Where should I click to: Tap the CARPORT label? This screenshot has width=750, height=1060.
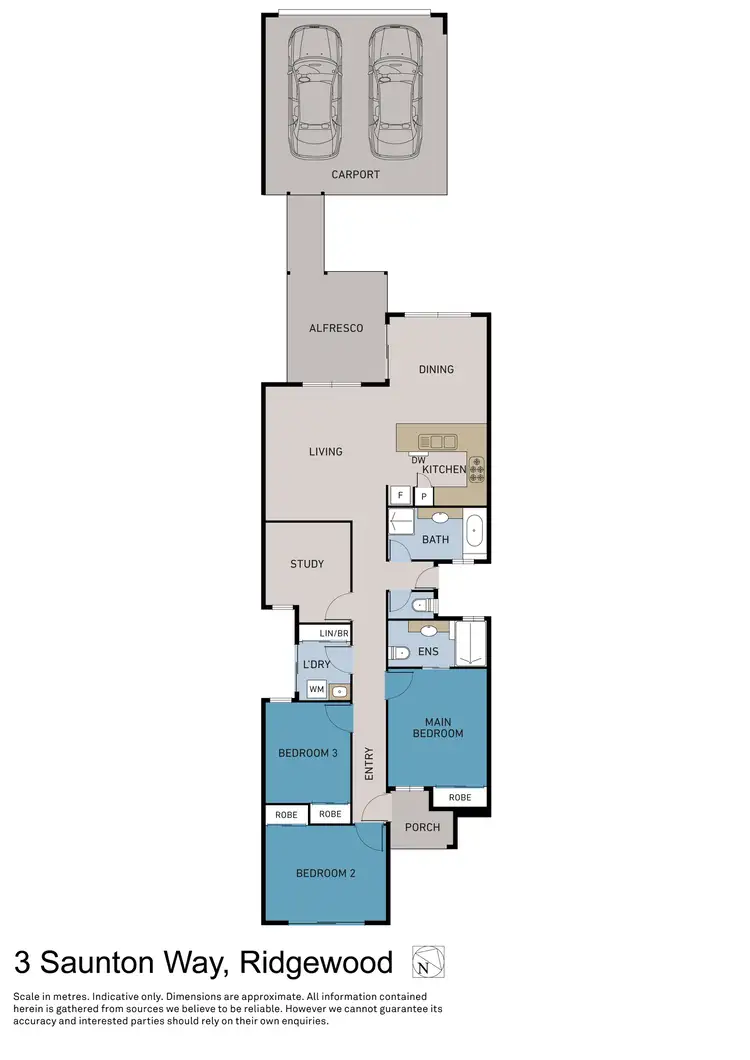coord(356,174)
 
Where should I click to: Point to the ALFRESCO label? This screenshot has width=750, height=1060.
coord(335,328)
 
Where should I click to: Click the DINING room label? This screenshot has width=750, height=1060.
coord(436,369)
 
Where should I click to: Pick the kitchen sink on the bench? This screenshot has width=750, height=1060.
coord(438,440)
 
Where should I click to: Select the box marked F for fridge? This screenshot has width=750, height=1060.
coord(400,495)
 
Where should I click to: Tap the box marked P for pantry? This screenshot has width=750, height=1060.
coord(424,496)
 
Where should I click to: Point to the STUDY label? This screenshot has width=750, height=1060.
coord(307,564)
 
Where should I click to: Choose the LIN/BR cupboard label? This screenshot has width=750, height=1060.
coord(333,635)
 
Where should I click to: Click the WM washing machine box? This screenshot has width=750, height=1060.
coord(316,689)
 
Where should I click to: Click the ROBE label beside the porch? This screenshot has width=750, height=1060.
coord(460,797)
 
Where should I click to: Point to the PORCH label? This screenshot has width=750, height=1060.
coord(422,827)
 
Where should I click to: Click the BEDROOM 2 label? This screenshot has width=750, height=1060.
coord(326,873)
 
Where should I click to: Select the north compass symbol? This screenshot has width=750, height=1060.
coord(428,963)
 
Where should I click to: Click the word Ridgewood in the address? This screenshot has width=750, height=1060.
coord(316,963)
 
